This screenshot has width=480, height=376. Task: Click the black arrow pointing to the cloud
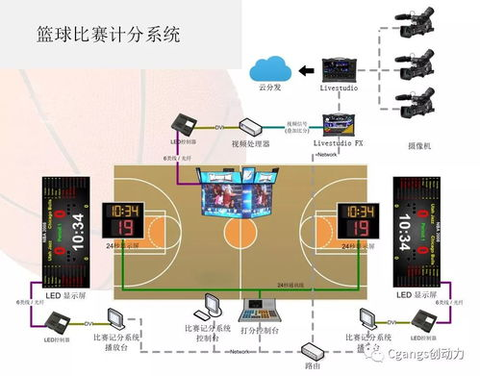point(306,69)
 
